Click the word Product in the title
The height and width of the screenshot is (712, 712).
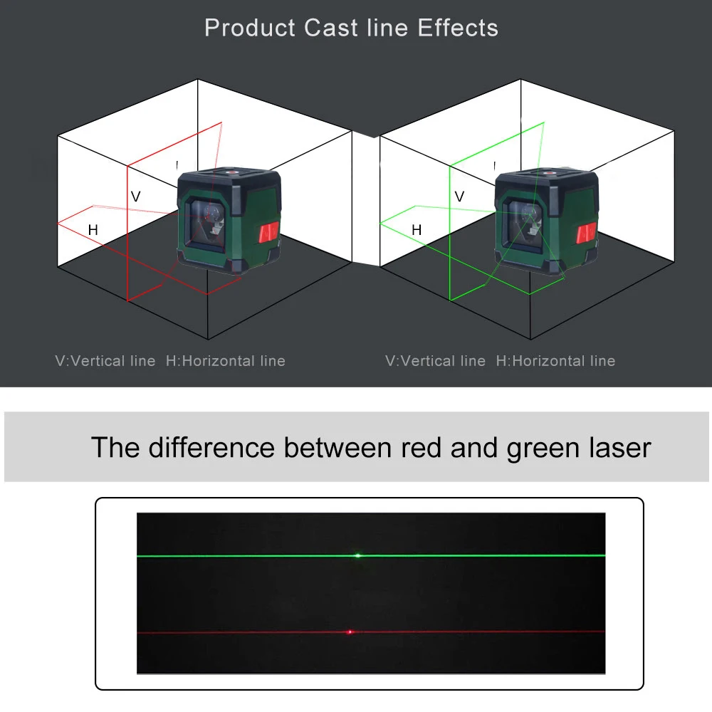point(251,28)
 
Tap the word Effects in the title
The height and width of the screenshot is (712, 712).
point(458,28)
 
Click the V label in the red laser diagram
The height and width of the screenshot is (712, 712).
point(135,197)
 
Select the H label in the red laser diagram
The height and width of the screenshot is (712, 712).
point(93,230)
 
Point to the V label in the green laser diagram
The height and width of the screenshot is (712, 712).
point(459,197)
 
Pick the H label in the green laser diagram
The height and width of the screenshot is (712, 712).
point(417,230)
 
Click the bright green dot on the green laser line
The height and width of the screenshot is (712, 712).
point(358,555)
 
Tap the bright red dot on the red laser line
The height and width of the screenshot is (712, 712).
point(350,632)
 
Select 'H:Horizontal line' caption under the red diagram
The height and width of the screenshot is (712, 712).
point(226,361)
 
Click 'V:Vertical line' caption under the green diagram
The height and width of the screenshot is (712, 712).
point(435,361)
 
